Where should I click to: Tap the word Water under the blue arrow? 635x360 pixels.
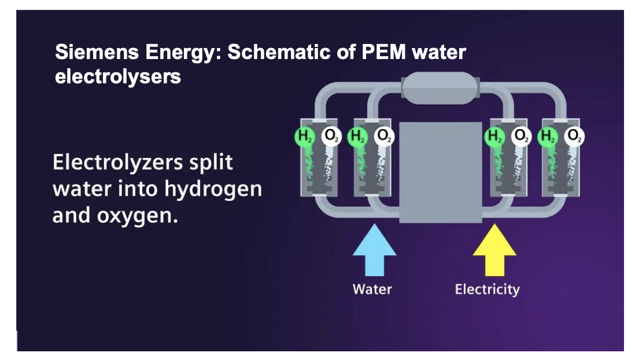[x=372, y=289]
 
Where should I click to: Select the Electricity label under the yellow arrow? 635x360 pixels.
[x=487, y=289]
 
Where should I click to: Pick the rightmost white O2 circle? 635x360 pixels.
[x=574, y=136]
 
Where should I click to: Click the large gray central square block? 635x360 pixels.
[x=441, y=172]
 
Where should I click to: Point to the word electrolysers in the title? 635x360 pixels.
[x=118, y=76]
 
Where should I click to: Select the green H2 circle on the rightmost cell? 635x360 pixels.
[x=547, y=137]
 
